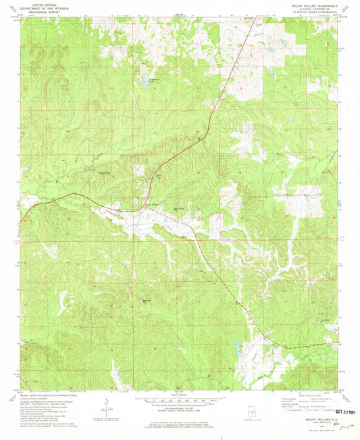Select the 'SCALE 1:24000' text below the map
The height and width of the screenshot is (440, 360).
[180, 395]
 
